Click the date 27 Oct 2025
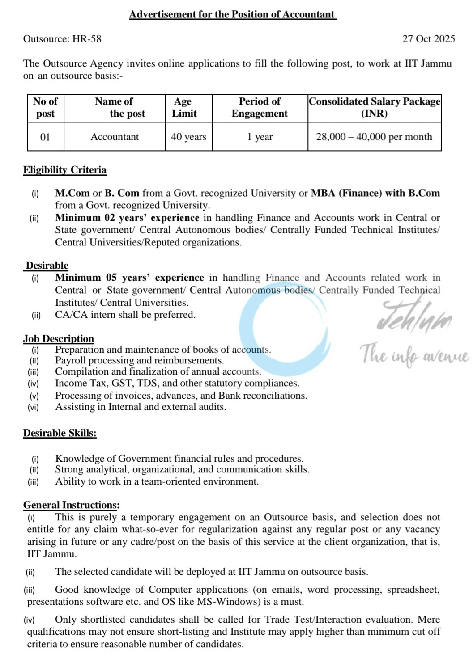[428, 39]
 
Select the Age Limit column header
[184, 108]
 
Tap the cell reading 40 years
[188, 137]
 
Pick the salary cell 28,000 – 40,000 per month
[374, 137]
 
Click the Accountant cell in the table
[115, 137]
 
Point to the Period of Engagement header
[260, 108]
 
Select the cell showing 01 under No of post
[45, 137]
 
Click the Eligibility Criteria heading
[65, 170]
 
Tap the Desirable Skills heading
[60, 433]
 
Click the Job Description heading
[59, 339]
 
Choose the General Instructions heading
[71, 505]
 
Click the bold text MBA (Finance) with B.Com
[375, 193]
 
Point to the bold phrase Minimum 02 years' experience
[127, 218]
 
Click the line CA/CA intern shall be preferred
[125, 315]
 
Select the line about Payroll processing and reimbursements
[139, 360]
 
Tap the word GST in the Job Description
[121, 383]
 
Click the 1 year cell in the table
[260, 137]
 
